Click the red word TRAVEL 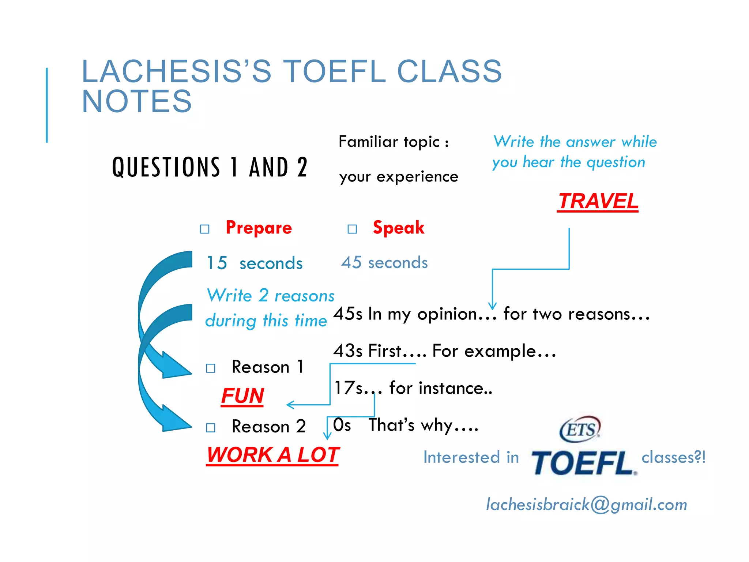click(x=598, y=201)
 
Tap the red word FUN click(x=242, y=396)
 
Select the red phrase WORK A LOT click(x=273, y=455)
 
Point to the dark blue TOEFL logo click(x=583, y=463)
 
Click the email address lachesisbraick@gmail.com click(x=586, y=505)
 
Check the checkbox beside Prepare click(x=205, y=229)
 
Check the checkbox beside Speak click(x=352, y=229)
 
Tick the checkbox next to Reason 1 click(x=211, y=368)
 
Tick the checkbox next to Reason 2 click(x=211, y=427)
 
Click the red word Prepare click(x=259, y=228)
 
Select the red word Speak click(x=399, y=228)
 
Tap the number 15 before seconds click(x=217, y=263)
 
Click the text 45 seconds click(x=384, y=263)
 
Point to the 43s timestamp click(x=348, y=351)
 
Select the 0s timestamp click(x=342, y=425)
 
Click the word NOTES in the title click(x=137, y=101)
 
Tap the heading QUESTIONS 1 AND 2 click(x=210, y=167)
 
